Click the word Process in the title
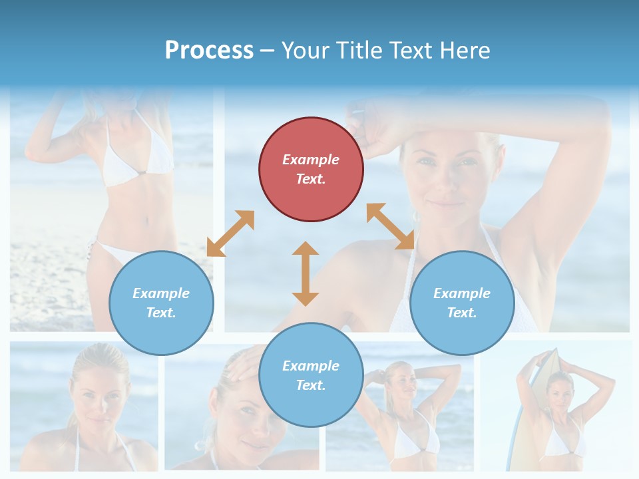pos(209,51)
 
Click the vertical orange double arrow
pos(306,273)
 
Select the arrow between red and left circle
pos(230,234)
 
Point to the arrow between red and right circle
pos(391,226)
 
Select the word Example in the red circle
pos(311,160)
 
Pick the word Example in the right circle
pos(462,293)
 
